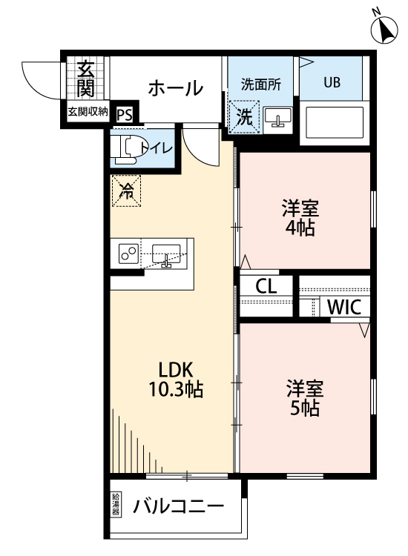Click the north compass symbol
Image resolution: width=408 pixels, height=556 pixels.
(385, 27)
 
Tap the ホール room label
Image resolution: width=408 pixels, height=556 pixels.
(176, 89)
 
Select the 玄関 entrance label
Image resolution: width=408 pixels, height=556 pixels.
(85, 79)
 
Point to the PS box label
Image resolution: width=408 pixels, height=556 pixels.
(125, 115)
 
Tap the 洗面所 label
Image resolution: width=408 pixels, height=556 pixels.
(260, 83)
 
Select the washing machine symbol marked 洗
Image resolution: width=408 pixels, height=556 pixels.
(243, 116)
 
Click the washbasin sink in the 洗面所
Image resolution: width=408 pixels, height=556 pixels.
(279, 117)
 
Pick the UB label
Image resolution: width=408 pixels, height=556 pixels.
(331, 82)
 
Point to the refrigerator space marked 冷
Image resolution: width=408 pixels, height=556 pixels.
(126, 191)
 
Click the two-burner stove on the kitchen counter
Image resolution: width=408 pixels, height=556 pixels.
(128, 255)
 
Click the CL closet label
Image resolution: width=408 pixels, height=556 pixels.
(267, 286)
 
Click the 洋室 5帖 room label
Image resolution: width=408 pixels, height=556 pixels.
(303, 398)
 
